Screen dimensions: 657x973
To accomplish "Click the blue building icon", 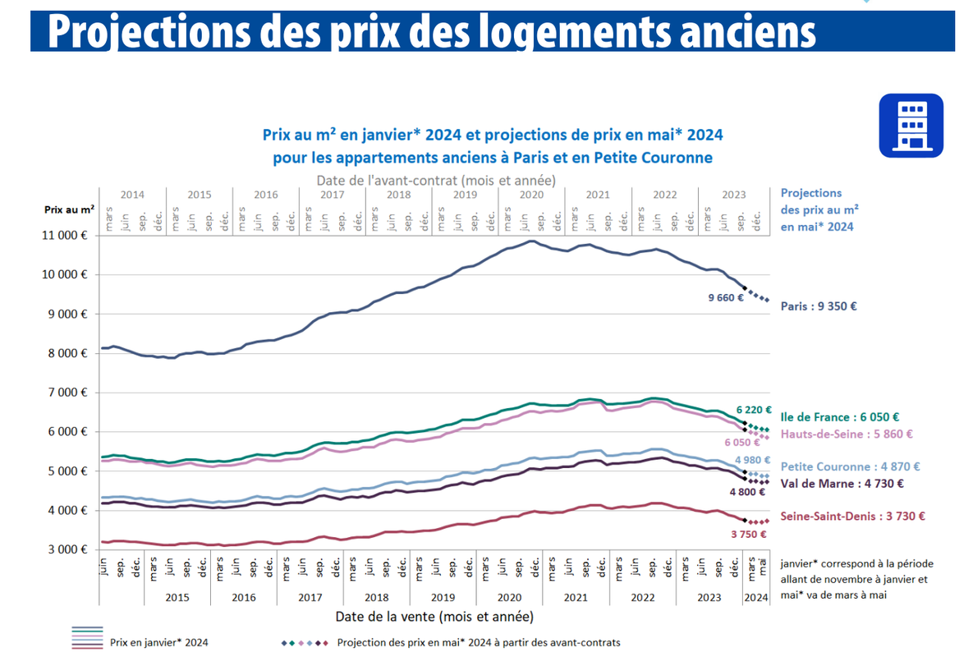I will point(911,125).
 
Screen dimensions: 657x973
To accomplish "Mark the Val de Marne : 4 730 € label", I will point(834,484).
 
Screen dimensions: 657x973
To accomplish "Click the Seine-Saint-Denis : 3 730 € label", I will point(853,517).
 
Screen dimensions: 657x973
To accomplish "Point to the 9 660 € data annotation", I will point(725,297).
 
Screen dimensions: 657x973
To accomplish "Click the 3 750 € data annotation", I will point(748,534).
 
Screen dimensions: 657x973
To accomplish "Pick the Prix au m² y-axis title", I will point(69,210).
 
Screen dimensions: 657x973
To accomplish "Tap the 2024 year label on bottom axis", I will point(755,598).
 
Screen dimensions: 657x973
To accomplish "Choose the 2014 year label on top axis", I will point(132,195).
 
